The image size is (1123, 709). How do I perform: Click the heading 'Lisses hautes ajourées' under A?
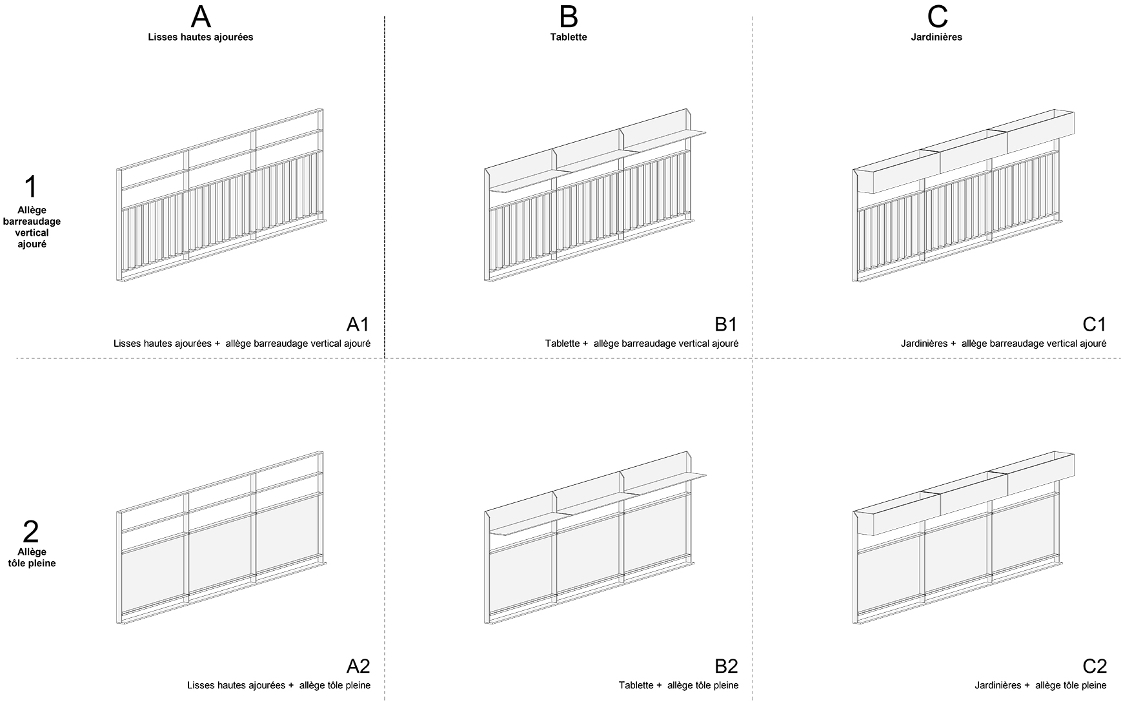(x=201, y=37)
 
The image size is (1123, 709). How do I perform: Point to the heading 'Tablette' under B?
(x=569, y=37)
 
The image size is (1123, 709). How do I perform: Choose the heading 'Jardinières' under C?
(x=936, y=37)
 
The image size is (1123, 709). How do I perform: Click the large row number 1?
(x=31, y=187)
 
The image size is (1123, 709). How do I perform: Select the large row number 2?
(x=31, y=532)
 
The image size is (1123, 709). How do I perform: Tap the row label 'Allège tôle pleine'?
(x=32, y=558)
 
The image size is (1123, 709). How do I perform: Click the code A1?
(x=358, y=324)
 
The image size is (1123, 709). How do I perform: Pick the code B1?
(x=725, y=324)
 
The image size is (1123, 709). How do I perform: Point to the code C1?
(x=1094, y=324)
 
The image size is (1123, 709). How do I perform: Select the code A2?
(x=358, y=666)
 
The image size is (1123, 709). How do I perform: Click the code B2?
(x=725, y=666)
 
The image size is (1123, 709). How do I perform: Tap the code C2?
(x=1094, y=666)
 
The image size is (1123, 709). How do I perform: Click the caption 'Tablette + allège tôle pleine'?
(x=678, y=685)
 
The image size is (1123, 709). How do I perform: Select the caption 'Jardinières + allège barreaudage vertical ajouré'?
(x=1004, y=344)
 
